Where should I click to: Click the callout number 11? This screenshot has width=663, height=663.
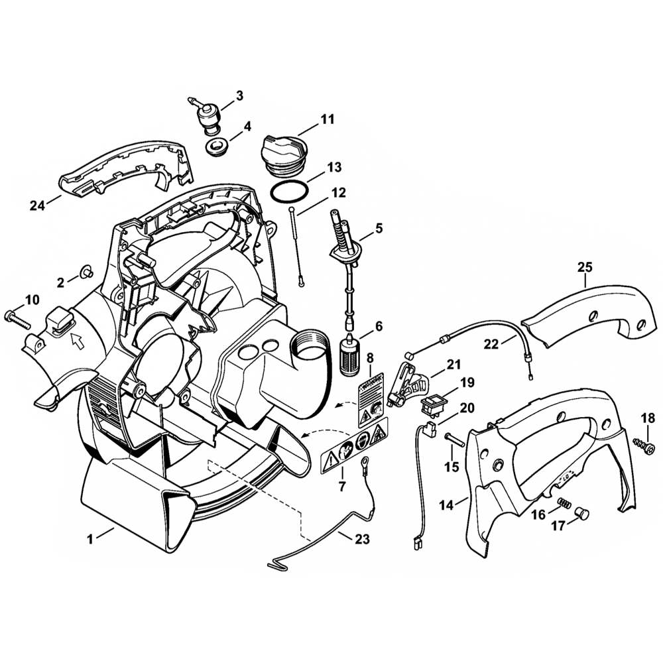pos(327,120)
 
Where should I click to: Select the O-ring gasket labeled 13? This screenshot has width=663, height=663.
pos(290,192)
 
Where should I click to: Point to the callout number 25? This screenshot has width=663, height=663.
pos(584,268)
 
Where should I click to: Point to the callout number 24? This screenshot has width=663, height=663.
pos(36,206)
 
